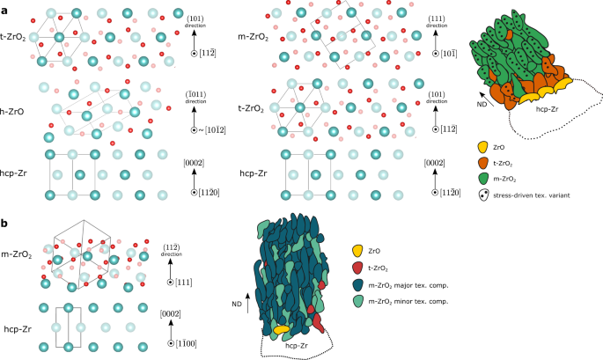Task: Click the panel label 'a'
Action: pyautogui.click(x=5, y=7)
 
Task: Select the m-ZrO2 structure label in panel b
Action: pyautogui.click(x=18, y=255)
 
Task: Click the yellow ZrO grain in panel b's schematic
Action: pyautogui.click(x=283, y=329)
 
